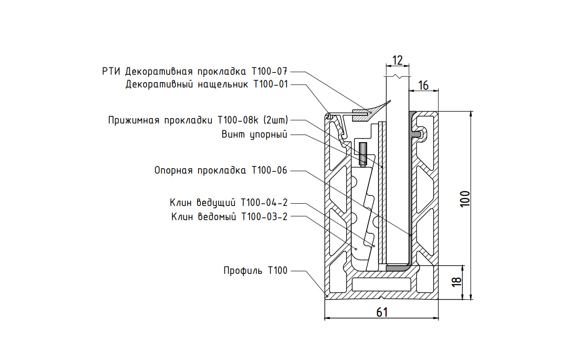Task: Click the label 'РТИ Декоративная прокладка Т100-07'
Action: click(195, 72)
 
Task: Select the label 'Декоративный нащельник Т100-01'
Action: click(207, 84)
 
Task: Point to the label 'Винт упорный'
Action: click(255, 134)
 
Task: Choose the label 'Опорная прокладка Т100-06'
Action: click(221, 170)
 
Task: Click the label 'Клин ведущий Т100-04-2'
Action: click(229, 202)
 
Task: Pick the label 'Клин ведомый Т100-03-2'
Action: click(230, 216)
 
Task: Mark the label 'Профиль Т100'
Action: click(256, 271)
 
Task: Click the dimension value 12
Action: click(397, 60)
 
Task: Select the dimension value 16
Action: click(423, 84)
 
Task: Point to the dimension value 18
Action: click(458, 282)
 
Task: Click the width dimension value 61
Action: click(382, 312)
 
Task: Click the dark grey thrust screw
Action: click(363, 154)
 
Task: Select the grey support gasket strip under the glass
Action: click(397, 268)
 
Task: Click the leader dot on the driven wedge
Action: click(356, 249)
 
